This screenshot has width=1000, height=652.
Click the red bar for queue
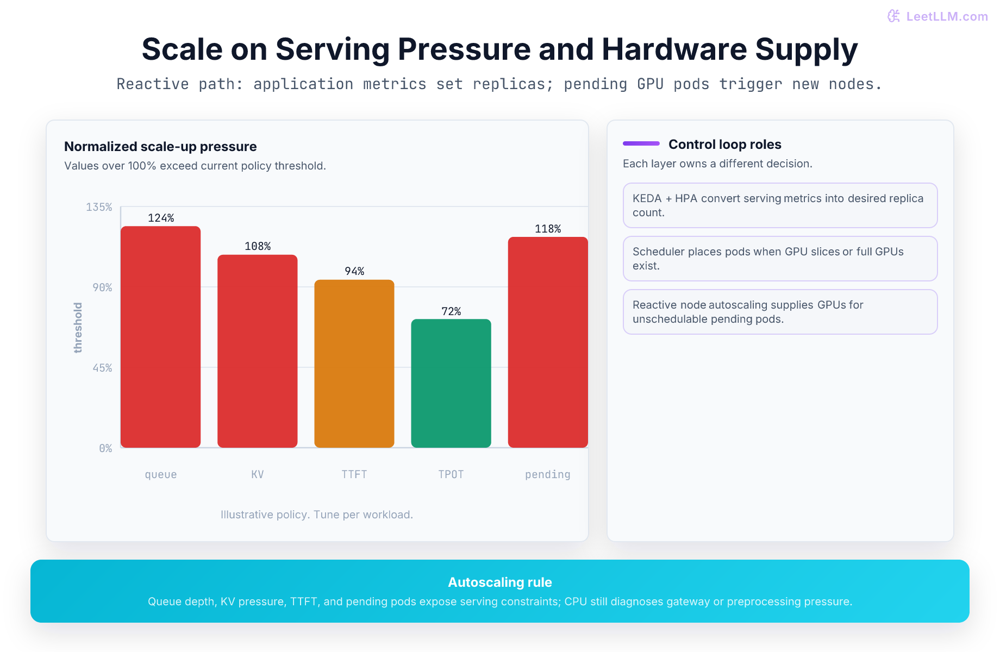click(x=160, y=337)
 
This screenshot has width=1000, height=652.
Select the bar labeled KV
click(x=258, y=351)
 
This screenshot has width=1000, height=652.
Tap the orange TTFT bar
click(x=354, y=363)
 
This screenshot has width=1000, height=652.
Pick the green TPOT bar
click(x=451, y=383)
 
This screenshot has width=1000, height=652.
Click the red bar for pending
click(x=548, y=342)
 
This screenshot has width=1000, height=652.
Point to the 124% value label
click(x=161, y=218)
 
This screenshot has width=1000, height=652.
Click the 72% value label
click(x=451, y=311)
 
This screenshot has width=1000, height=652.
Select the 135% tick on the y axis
click(x=99, y=207)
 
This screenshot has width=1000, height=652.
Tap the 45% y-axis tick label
click(x=102, y=368)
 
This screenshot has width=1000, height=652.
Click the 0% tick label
click(x=105, y=448)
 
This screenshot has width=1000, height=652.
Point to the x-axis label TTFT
click(x=354, y=474)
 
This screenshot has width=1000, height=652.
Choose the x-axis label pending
click(x=548, y=474)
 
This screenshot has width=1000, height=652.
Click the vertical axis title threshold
click(x=78, y=328)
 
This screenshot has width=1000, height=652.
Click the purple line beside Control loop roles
click(x=641, y=143)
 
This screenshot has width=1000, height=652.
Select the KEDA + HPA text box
click(x=780, y=205)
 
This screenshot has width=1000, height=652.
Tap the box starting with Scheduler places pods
click(x=780, y=259)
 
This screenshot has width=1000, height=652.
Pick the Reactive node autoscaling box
click(x=780, y=312)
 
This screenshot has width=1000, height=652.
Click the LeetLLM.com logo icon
click(x=893, y=16)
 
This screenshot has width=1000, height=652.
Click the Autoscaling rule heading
click(x=500, y=582)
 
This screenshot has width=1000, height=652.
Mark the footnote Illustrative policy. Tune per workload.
click(x=317, y=515)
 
